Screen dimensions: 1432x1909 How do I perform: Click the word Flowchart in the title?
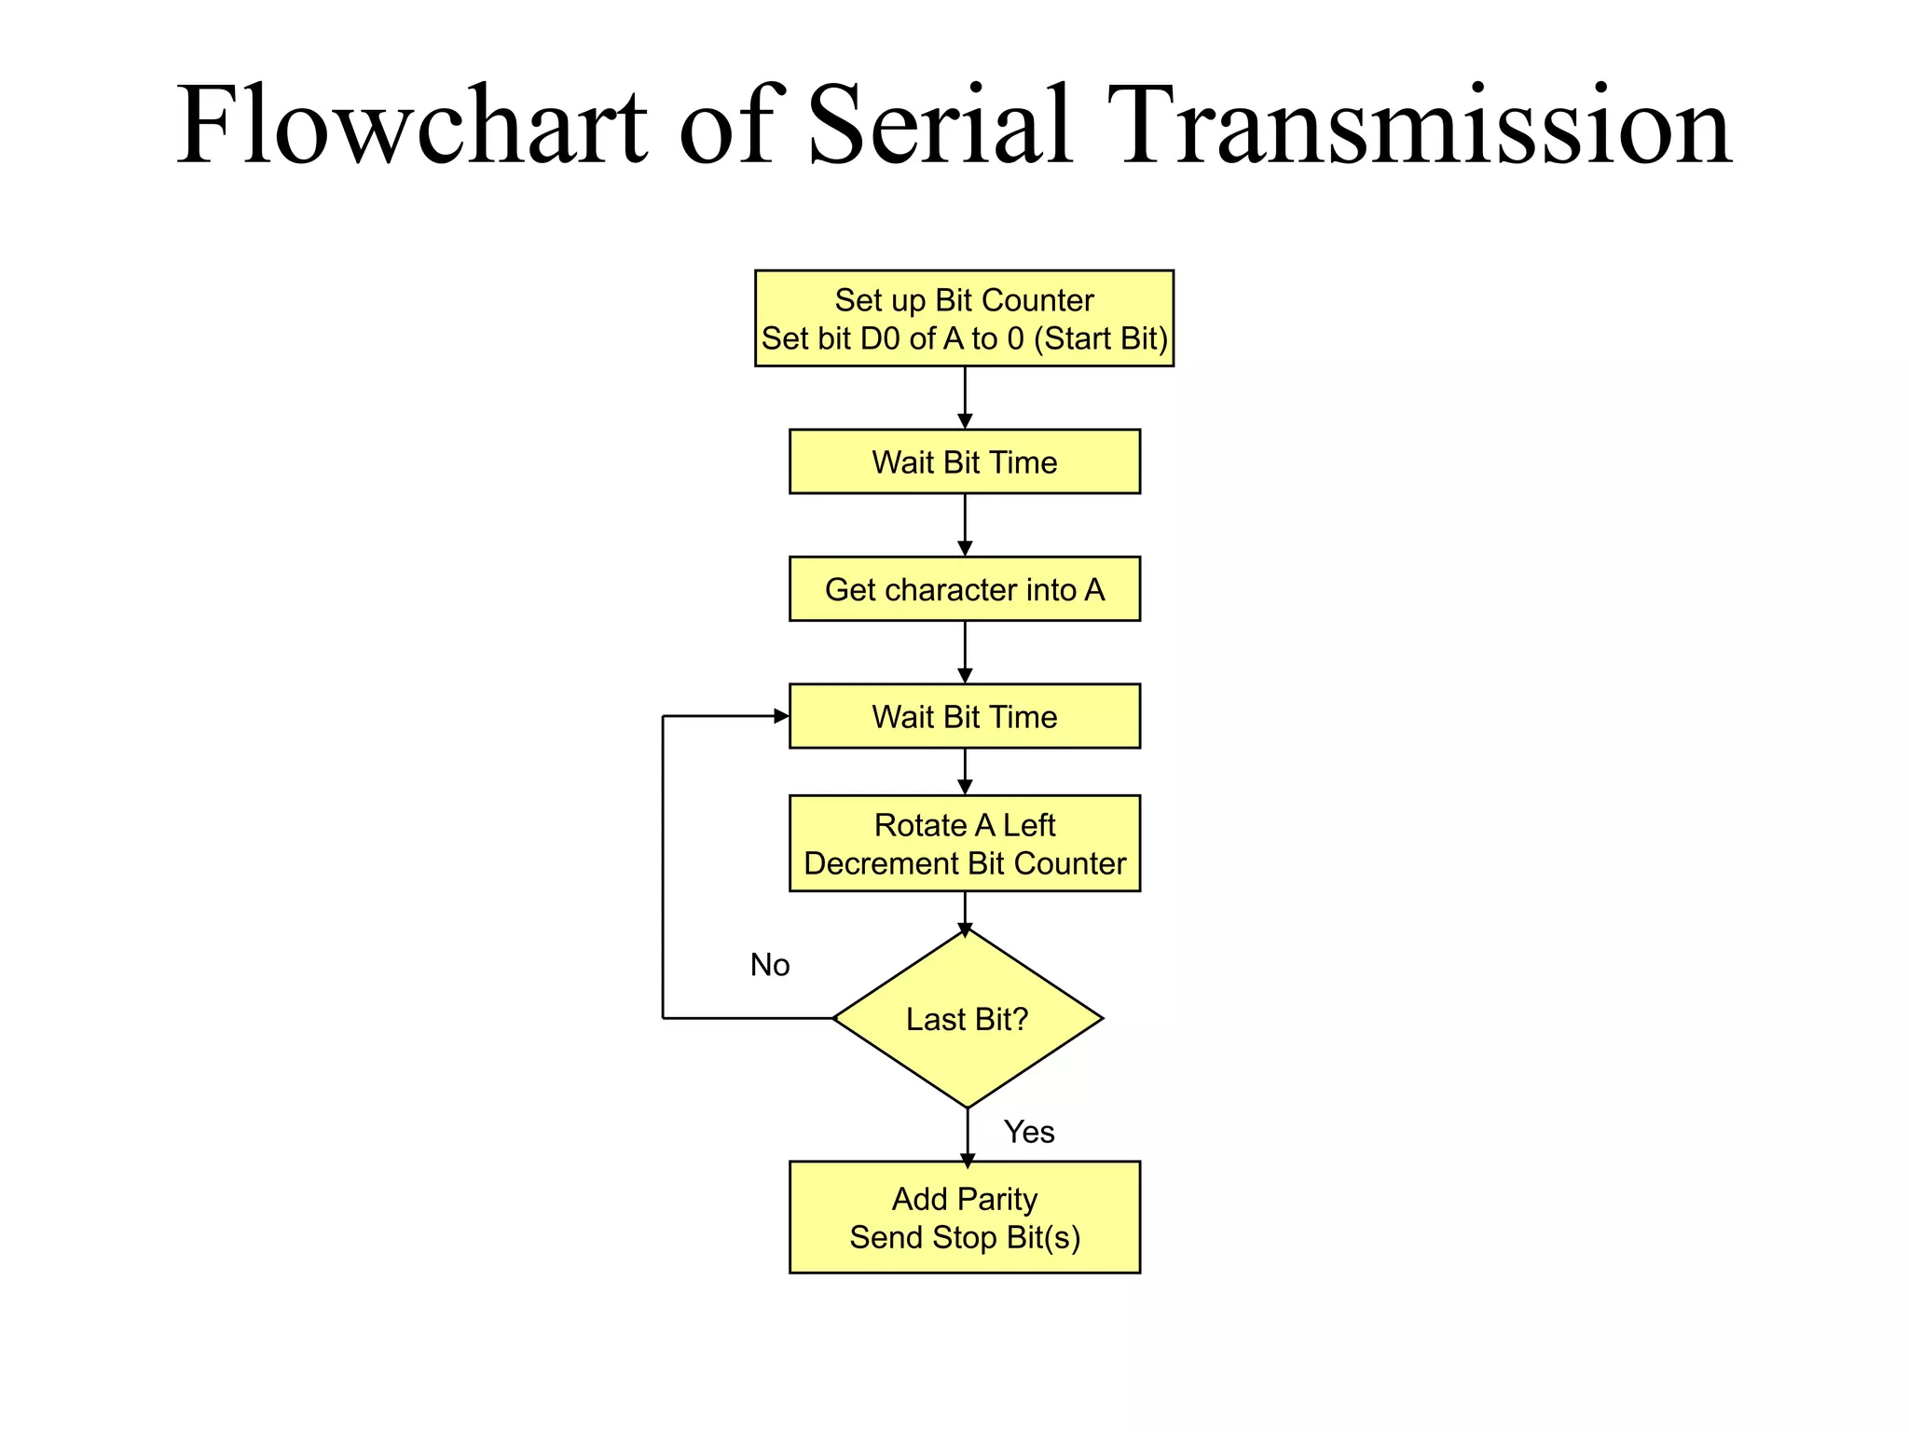(410, 126)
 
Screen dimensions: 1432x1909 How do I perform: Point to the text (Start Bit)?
(1101, 338)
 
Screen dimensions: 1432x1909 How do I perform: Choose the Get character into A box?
(964, 589)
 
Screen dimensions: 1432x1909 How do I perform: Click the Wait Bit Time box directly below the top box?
(964, 461)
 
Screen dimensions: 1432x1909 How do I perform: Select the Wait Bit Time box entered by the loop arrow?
(964, 716)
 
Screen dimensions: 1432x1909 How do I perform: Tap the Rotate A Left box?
(964, 826)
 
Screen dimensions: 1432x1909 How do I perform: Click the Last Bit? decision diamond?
(968, 1019)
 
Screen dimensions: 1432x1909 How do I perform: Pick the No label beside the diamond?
(770, 965)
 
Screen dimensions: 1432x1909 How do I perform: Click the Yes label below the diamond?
(1029, 1132)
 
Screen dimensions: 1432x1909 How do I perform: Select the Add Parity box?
(964, 1199)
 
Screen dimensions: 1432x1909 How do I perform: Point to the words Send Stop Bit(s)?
(964, 1238)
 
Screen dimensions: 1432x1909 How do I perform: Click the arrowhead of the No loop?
(782, 716)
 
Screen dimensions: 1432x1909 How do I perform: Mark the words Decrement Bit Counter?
(964, 864)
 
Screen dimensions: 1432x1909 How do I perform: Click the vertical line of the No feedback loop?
(663, 867)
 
